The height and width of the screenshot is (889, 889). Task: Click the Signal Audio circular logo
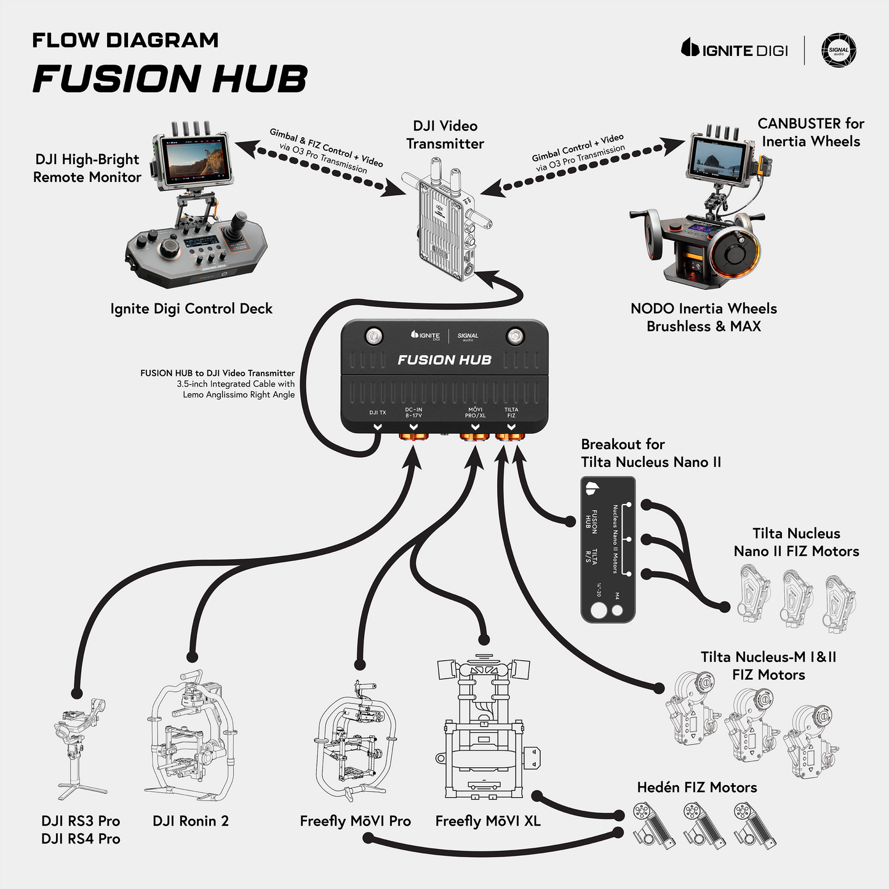coord(839,50)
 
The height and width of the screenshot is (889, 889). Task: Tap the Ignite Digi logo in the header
coord(735,49)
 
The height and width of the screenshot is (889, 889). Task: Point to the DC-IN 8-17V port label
coord(413,412)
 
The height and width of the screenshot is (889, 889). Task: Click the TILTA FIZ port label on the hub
coord(511,412)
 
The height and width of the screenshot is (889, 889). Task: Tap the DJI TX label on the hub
coord(377,412)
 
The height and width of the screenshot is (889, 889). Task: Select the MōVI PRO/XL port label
coord(475,412)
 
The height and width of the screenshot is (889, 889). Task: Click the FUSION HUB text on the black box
coord(444,360)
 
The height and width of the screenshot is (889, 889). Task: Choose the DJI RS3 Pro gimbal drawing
coord(80,747)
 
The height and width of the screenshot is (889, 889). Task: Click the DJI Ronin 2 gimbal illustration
coord(190,735)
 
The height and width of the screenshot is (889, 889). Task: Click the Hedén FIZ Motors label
coord(696,787)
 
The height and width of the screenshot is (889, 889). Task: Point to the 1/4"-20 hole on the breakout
coord(598,611)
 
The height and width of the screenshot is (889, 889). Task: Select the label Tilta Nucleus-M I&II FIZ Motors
coord(768,666)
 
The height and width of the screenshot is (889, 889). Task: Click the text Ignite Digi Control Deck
coord(191,309)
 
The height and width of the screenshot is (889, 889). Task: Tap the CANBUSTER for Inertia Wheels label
coord(811,132)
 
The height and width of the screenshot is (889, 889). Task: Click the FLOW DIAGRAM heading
coord(126,41)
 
